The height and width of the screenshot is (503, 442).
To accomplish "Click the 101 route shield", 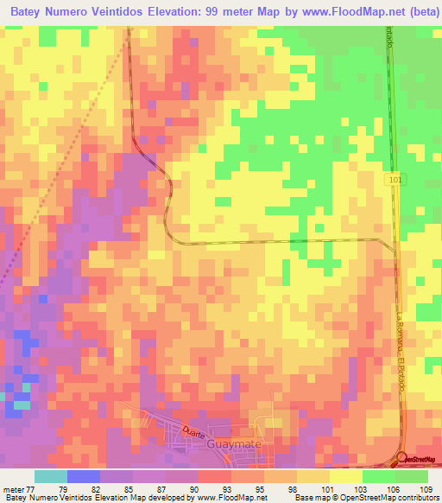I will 394,178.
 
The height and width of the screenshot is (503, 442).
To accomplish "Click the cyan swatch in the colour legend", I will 51,476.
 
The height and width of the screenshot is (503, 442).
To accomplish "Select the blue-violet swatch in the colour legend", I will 84,476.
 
